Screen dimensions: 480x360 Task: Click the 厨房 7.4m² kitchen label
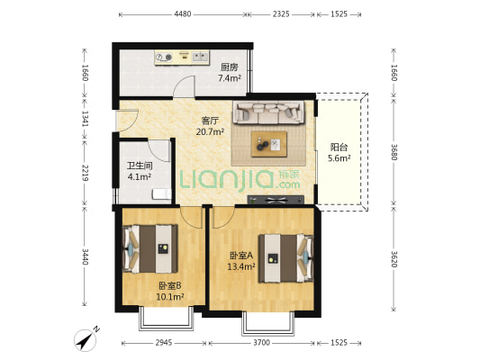click(x=230, y=73)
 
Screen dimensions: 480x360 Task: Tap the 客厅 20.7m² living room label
click(x=210, y=126)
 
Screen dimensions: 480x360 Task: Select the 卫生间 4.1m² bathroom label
click(x=140, y=171)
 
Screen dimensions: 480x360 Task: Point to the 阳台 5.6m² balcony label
click(x=339, y=153)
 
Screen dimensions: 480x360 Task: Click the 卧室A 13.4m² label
click(x=241, y=261)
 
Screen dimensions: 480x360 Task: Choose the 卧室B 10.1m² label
click(x=170, y=292)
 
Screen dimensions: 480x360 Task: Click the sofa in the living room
click(x=268, y=112)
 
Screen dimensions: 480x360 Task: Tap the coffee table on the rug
click(x=269, y=144)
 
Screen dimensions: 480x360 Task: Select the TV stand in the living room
click(x=276, y=200)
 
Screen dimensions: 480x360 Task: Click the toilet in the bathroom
click(x=162, y=194)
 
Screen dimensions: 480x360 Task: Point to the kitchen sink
click(x=201, y=57)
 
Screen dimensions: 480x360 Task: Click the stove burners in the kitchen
click(x=164, y=58)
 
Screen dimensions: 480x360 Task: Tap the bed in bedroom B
click(x=150, y=248)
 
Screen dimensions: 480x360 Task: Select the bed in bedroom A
click(x=285, y=258)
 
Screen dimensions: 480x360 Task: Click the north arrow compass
click(x=86, y=339)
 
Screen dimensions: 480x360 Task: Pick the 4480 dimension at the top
click(x=183, y=14)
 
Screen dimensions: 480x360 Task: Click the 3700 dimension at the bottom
click(x=261, y=343)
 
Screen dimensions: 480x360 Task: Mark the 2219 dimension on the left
click(x=85, y=173)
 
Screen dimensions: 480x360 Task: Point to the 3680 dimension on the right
click(x=394, y=152)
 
